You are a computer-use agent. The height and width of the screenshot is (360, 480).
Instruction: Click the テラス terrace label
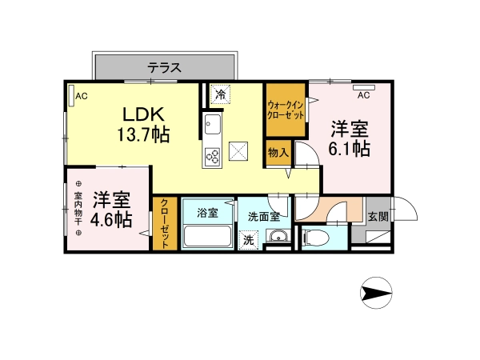coord(164,67)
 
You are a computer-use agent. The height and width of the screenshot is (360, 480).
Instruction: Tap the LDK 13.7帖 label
coord(143,124)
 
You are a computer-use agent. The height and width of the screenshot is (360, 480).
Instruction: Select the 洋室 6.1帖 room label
coord(350,138)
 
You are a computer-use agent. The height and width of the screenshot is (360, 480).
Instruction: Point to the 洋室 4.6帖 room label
coord(111,210)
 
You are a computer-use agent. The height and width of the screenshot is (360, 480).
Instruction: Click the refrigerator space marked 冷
coord(220,94)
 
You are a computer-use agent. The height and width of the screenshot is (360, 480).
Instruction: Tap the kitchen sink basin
coord(213,124)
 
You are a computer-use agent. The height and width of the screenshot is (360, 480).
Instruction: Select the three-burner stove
coord(212,155)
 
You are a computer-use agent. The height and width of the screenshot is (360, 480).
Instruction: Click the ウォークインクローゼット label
coord(286,110)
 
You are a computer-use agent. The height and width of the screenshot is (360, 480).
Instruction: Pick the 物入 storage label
coord(278,152)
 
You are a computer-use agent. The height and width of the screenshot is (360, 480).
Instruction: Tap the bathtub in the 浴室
coord(207,236)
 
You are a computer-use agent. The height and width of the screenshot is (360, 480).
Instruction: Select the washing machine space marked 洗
coord(248,240)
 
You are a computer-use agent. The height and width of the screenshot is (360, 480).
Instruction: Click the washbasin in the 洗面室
coord(277,236)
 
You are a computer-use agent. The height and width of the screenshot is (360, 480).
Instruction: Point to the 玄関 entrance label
coord(378,217)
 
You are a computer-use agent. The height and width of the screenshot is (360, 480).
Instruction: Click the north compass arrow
coord(376,293)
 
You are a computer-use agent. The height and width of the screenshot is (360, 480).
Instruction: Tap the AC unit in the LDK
coord(71,96)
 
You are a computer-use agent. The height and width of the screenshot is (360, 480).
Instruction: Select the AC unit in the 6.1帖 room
coord(364,87)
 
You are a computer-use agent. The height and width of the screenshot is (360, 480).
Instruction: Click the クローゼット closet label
coord(165,223)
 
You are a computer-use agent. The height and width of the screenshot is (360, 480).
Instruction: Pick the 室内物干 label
coord(78,209)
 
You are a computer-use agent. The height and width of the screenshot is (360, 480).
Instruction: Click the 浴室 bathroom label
coord(207,213)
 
